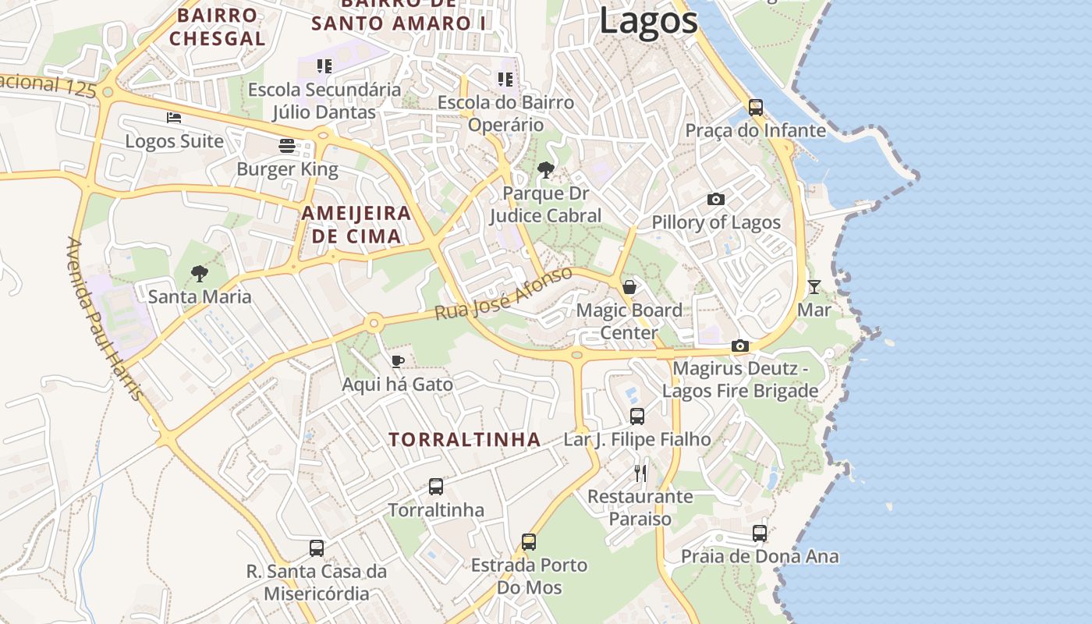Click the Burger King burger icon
click(x=287, y=146)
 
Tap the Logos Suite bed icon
click(x=174, y=118)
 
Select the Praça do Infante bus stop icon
click(x=755, y=107)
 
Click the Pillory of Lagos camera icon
click(x=715, y=200)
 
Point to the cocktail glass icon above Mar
click(x=814, y=287)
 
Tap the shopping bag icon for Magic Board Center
click(x=629, y=287)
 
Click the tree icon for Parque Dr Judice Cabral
click(x=546, y=169)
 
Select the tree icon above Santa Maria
click(x=200, y=273)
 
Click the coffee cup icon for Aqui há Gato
click(x=397, y=361)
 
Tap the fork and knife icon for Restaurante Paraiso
click(x=640, y=473)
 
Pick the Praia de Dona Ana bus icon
click(x=759, y=534)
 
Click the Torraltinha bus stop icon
click(x=436, y=487)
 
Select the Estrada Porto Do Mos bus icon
click(x=529, y=541)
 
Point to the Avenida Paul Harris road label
click(x=105, y=320)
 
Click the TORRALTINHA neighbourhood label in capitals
click(x=465, y=439)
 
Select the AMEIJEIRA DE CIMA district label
click(x=356, y=225)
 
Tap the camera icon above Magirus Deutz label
click(x=739, y=346)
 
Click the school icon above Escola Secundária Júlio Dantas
click(x=324, y=66)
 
